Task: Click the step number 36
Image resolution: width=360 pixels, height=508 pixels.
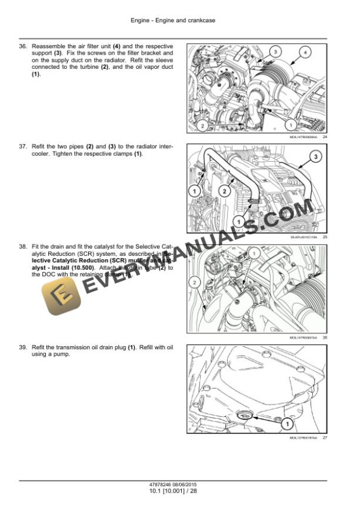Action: (x=23, y=46)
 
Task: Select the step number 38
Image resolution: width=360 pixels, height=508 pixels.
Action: (x=23, y=247)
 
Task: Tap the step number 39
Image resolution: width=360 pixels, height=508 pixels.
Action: (x=23, y=348)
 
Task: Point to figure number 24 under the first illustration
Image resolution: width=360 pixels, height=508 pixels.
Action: (x=325, y=137)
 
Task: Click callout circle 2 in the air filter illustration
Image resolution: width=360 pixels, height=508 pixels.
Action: (x=202, y=125)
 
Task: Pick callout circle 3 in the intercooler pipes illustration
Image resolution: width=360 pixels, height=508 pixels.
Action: (x=315, y=156)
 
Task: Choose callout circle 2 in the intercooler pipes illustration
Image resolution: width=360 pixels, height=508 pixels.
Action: (x=225, y=190)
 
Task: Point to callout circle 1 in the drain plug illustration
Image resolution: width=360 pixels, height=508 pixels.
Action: (x=286, y=423)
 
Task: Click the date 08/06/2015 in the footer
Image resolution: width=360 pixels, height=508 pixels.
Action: (x=188, y=486)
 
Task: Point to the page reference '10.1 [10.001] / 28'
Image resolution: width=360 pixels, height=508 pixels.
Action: (x=173, y=492)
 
